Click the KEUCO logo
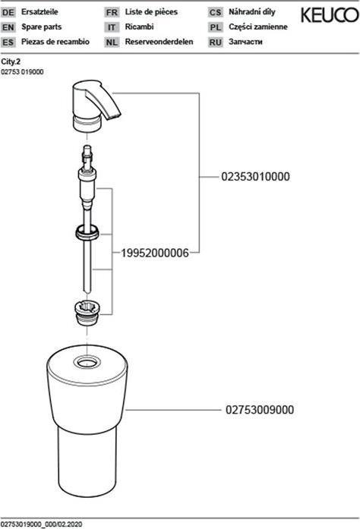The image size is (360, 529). click(x=330, y=15)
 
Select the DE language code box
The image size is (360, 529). click(x=8, y=12)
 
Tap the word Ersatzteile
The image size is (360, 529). click(x=39, y=12)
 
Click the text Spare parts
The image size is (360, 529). click(x=42, y=27)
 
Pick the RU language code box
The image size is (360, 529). click(x=215, y=43)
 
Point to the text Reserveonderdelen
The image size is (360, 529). click(x=159, y=42)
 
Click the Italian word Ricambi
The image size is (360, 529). click(x=139, y=27)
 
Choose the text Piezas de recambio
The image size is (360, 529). click(x=55, y=42)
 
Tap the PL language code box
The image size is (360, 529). click(x=215, y=27)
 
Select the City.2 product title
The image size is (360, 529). click(x=11, y=61)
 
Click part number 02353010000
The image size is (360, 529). click(x=255, y=176)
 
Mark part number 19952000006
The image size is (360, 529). click(x=155, y=253)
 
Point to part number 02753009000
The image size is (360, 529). click(x=260, y=410)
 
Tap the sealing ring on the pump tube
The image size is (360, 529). click(x=87, y=233)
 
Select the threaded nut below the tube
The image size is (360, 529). click(x=87, y=313)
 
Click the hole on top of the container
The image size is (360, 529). click(x=87, y=363)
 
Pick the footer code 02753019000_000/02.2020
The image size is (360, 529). click(x=42, y=524)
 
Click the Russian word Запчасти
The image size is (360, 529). click(x=245, y=42)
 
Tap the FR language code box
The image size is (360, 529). click(x=112, y=12)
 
